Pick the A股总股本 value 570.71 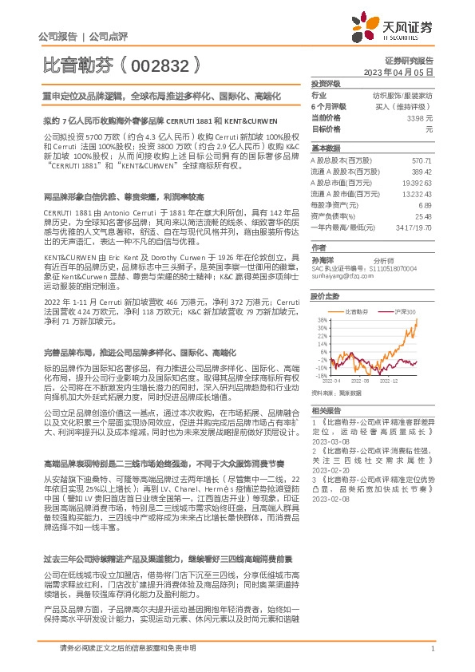click(421, 160)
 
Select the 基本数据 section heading click(326, 149)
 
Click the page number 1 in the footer click(432, 649)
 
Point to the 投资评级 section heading click(326, 83)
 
